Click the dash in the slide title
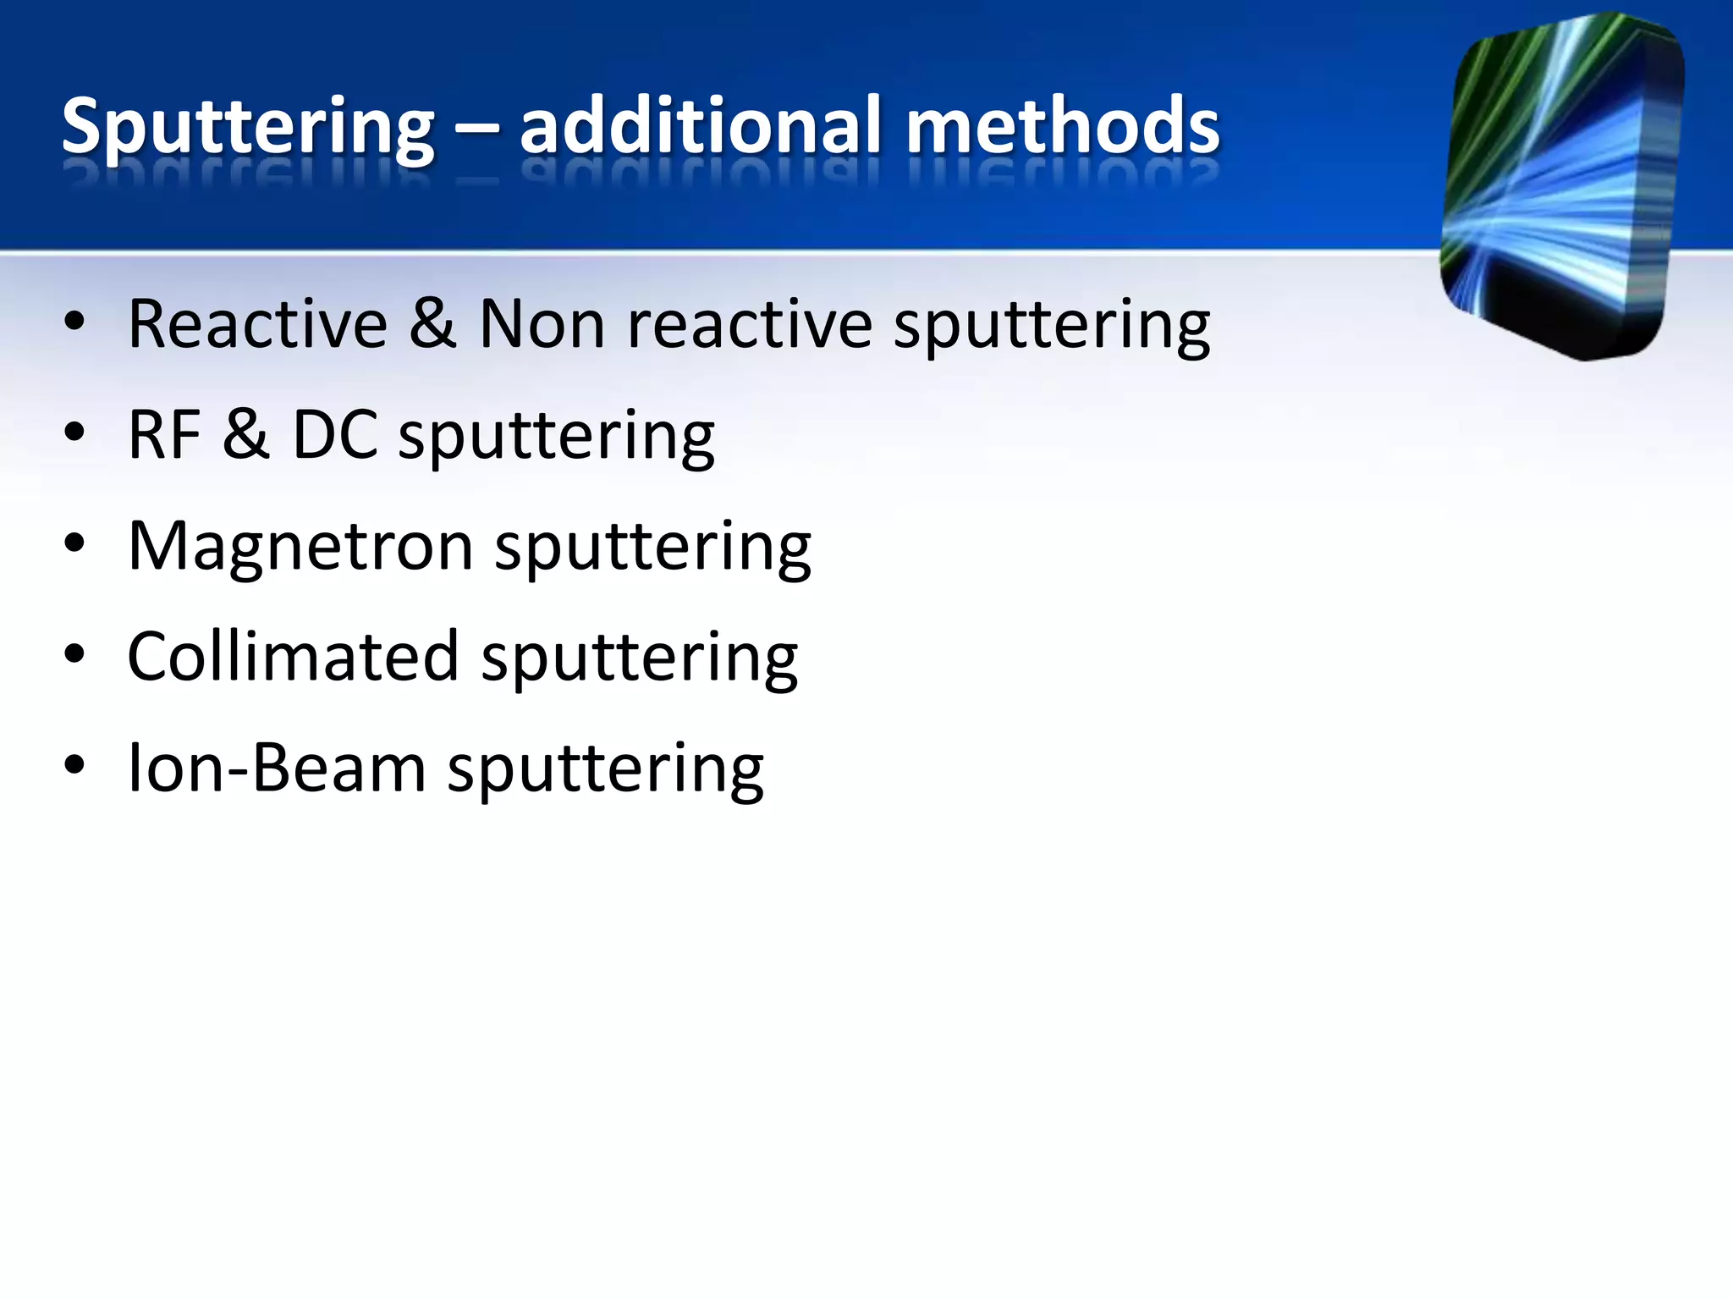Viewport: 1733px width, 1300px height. click(x=477, y=132)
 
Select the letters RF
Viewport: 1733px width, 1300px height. click(x=164, y=435)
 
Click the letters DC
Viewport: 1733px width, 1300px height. click(x=334, y=435)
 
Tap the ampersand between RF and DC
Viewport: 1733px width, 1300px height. click(x=245, y=435)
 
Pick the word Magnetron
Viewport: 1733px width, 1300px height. click(x=300, y=547)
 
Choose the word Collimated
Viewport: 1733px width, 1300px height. click(x=293, y=658)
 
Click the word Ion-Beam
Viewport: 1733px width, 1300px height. click(x=276, y=768)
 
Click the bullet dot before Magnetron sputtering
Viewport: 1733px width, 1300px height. click(x=74, y=544)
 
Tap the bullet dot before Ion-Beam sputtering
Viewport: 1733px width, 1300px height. click(x=74, y=766)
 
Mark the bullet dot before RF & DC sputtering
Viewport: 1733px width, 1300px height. click(x=74, y=432)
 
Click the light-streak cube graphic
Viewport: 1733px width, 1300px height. click(x=1562, y=186)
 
